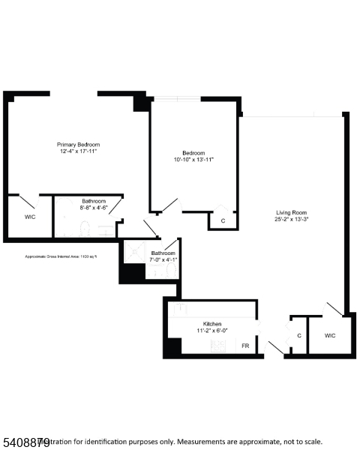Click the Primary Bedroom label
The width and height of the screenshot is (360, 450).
click(79, 144)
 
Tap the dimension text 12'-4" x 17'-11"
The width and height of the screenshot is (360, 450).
click(79, 151)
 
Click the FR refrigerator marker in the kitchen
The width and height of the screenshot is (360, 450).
click(244, 346)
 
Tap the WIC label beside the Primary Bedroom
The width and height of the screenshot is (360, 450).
click(29, 217)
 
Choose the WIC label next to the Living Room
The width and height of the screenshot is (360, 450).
click(330, 335)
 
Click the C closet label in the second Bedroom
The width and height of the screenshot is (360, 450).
click(223, 220)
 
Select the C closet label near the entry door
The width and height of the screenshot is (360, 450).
click(299, 335)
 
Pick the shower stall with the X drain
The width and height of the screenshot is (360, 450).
click(133, 252)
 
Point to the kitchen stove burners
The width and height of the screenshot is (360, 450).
click(219, 346)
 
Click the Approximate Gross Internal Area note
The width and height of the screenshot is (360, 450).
click(62, 256)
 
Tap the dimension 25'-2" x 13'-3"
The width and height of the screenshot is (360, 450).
click(292, 219)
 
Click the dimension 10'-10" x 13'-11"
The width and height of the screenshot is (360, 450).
click(193, 160)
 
